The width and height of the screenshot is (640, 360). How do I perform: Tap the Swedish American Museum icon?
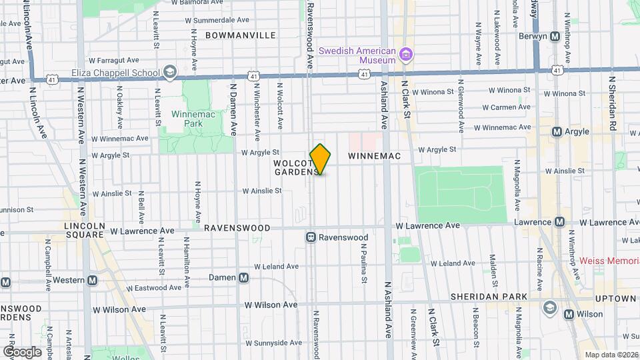406,53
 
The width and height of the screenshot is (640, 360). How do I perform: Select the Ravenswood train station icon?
311,237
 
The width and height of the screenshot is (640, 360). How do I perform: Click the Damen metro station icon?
244,277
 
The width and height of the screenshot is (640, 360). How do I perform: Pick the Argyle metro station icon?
557,132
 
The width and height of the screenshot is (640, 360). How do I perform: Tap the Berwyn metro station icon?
554,37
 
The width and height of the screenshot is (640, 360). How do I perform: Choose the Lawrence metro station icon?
560,221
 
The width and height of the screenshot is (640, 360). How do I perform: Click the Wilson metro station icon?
569,314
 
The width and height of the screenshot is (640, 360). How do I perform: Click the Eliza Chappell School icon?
170,72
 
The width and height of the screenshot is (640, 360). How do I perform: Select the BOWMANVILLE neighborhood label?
240,35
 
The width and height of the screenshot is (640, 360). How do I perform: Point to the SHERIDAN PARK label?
489,297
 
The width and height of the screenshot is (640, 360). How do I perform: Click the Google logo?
22,351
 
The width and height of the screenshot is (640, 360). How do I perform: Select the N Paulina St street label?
364,263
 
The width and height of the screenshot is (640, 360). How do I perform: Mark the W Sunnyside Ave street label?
273,343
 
